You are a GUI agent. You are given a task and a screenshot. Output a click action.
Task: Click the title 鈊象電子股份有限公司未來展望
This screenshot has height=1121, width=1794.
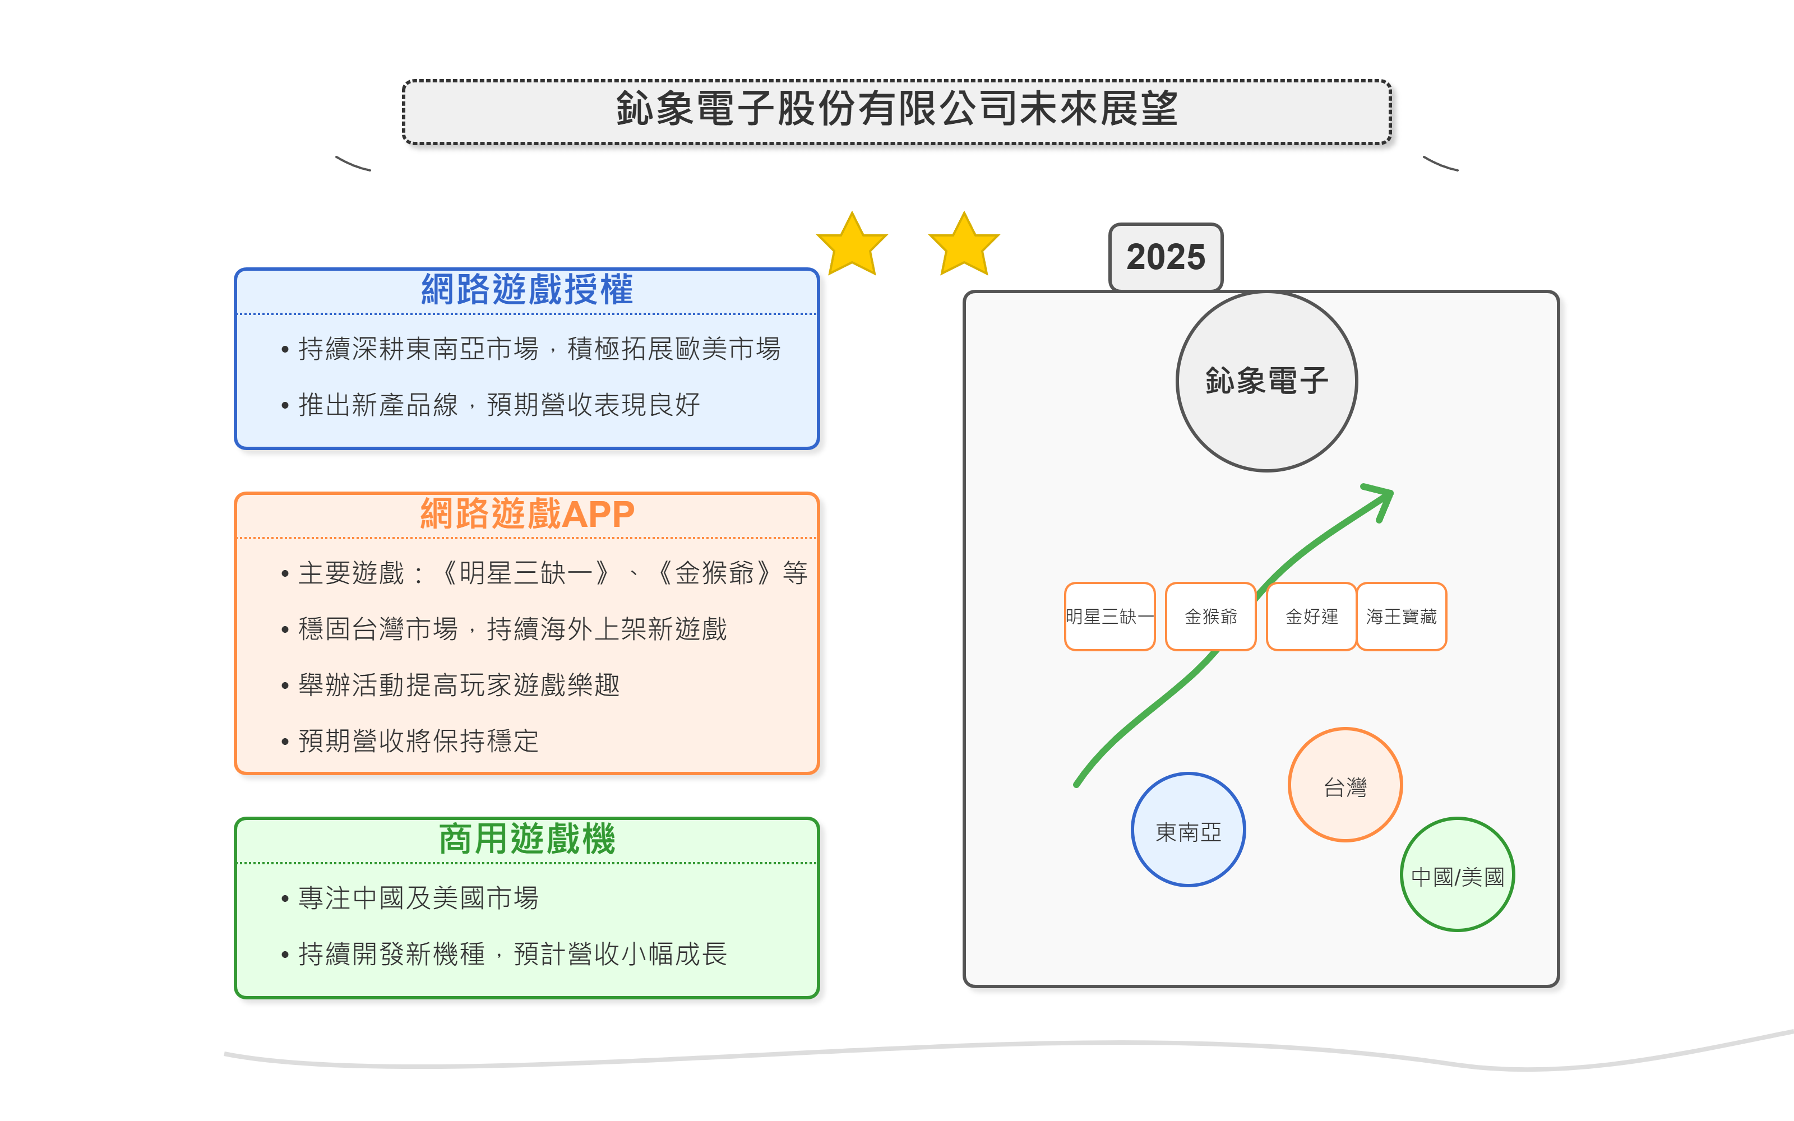(896, 110)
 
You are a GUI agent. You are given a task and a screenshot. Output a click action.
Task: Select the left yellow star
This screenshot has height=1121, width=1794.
(852, 245)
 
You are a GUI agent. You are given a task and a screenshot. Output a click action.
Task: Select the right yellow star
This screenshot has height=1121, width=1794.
(964, 245)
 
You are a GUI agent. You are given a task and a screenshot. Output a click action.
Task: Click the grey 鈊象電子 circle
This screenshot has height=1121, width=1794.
(1266, 381)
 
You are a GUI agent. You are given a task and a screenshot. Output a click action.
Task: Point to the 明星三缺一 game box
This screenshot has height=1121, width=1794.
(1109, 616)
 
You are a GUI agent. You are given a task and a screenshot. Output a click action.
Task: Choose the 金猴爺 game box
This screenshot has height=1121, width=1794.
(1210, 616)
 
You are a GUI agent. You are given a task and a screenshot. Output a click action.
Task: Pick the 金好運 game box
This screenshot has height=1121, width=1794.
(1311, 616)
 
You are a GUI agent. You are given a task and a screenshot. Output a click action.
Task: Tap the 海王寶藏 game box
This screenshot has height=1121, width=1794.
(1401, 616)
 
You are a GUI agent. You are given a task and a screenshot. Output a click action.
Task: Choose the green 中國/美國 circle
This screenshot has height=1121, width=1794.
(1457, 875)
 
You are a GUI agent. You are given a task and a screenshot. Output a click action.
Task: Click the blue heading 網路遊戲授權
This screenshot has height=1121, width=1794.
(526, 290)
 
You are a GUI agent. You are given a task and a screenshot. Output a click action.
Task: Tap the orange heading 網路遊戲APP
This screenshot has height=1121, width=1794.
(526, 515)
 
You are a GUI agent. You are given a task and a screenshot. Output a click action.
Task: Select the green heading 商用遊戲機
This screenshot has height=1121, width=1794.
(526, 839)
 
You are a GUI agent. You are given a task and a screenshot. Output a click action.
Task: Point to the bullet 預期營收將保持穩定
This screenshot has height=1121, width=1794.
(418, 740)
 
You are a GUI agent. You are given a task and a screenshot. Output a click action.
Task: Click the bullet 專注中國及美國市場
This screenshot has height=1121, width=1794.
(418, 898)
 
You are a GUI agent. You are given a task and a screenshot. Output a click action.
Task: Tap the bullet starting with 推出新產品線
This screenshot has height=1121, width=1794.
(498, 405)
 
